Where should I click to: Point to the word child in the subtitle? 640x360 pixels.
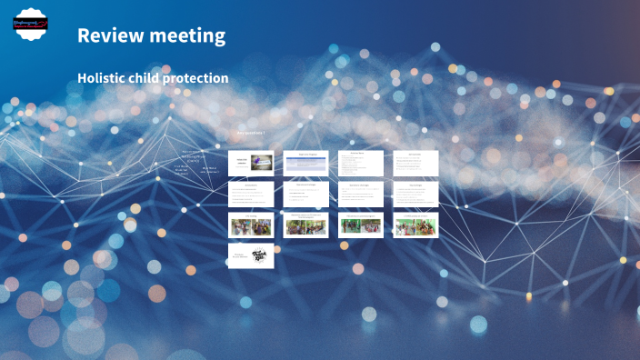click(153, 78)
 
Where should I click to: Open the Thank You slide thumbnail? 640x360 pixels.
click(250, 255)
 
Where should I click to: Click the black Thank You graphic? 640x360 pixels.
click(260, 255)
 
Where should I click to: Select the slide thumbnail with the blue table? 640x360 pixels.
click(305, 163)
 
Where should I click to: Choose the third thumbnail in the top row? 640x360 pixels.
click(360, 163)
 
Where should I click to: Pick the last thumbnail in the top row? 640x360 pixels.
click(415, 163)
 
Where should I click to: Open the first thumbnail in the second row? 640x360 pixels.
click(250, 194)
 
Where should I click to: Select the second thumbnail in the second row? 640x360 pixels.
click(305, 194)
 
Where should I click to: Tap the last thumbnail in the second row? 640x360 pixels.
click(415, 194)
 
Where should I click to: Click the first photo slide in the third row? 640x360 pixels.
click(250, 225)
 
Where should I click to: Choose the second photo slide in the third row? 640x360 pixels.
click(305, 225)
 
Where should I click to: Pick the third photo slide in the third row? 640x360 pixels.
click(360, 225)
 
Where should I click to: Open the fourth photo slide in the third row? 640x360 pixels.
click(415, 225)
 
